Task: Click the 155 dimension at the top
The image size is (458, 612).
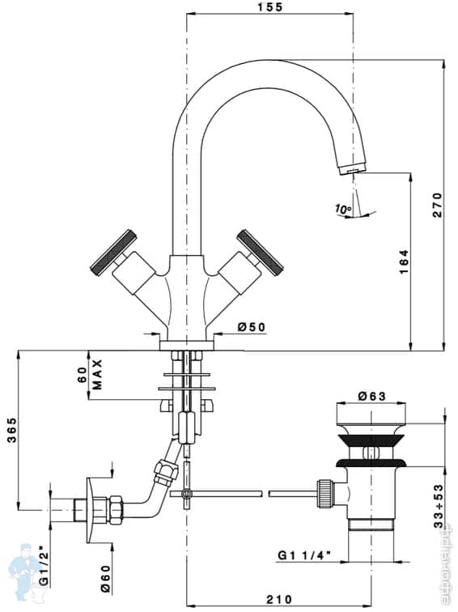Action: (270, 7)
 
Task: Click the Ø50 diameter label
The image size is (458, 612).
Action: (251, 327)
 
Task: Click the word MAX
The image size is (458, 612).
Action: (97, 374)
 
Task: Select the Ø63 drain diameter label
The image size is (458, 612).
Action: (371, 397)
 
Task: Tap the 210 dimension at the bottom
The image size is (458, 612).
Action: (278, 600)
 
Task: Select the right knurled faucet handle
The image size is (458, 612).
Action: (262, 250)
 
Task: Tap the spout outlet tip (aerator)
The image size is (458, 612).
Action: (350, 168)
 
